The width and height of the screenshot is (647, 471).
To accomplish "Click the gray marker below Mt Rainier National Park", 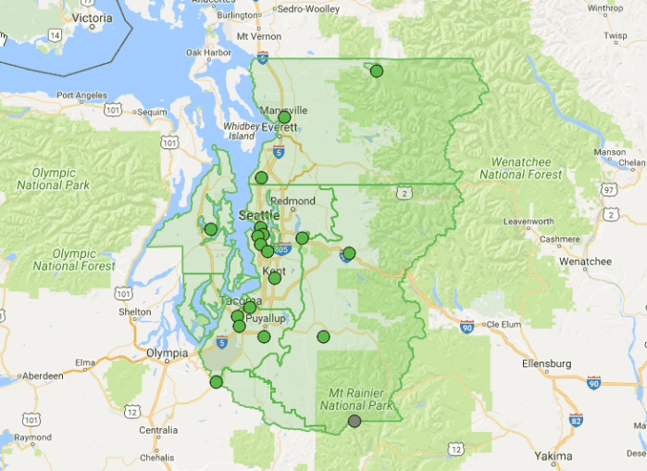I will coord(355,421).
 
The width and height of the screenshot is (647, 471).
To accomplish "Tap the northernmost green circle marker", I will coord(377,70).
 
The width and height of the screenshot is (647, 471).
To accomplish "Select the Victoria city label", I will coord(93,17).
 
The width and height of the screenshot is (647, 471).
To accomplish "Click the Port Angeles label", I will coord(83,95).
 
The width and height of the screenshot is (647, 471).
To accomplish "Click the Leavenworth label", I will coord(528,222).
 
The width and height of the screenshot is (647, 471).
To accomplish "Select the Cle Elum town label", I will coord(507,325).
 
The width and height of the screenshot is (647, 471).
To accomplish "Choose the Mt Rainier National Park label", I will coord(356,399).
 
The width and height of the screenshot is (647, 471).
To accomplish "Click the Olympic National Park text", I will coord(53,178).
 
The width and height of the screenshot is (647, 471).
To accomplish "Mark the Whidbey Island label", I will coord(242,131).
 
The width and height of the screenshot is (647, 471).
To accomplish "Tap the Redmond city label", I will coord(292,200).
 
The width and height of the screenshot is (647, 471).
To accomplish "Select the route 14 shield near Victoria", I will coord(55,34).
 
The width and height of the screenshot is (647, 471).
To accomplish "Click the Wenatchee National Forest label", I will coord(521,168).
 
